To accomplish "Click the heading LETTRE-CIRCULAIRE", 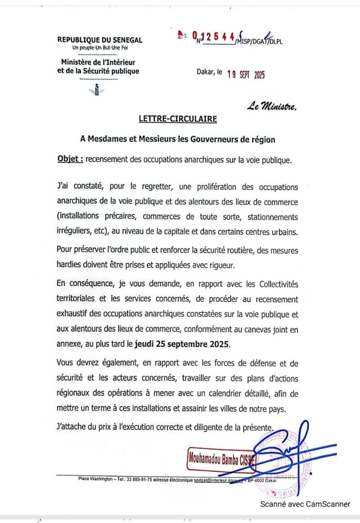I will pos(177,118).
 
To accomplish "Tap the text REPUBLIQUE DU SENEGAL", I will pos(100,40).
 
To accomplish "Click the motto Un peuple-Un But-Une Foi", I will pos(100,47).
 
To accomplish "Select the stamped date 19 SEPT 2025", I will pos(246,75).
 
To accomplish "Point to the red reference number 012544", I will pos(214,36).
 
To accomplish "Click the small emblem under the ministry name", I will pos(97,90).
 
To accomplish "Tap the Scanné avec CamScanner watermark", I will pos(305,504).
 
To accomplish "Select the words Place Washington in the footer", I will pos(94,479).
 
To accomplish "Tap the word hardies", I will pos(69,264).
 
